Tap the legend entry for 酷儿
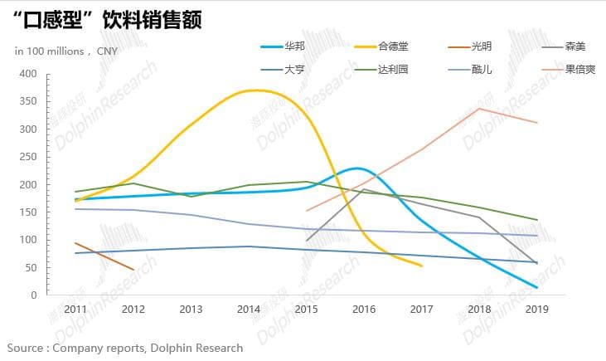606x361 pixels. click(482, 69)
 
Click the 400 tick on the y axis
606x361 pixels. click(28, 74)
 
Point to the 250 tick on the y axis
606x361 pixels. click(28, 157)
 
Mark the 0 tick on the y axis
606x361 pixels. click(34, 295)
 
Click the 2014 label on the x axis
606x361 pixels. click(249, 310)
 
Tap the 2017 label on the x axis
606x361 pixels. click(422, 310)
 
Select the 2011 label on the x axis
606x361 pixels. click(75, 310)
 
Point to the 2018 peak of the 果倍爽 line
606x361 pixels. click(480, 109)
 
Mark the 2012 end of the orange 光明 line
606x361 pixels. click(133, 270)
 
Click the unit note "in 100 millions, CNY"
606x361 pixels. click(66, 51)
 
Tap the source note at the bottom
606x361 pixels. click(125, 348)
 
